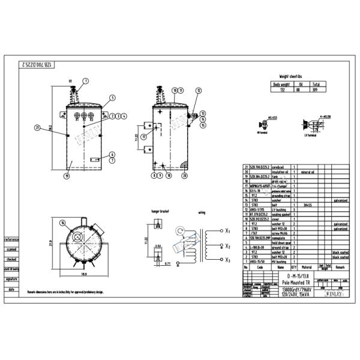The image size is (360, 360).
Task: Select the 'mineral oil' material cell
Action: pyautogui.click(x=308, y=171)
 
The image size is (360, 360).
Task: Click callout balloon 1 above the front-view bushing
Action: pyautogui.click(x=86, y=80)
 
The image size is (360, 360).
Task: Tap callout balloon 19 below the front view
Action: pyautogui.click(x=67, y=176)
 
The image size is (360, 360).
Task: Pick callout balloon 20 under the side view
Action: pyautogui.click(x=168, y=176)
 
